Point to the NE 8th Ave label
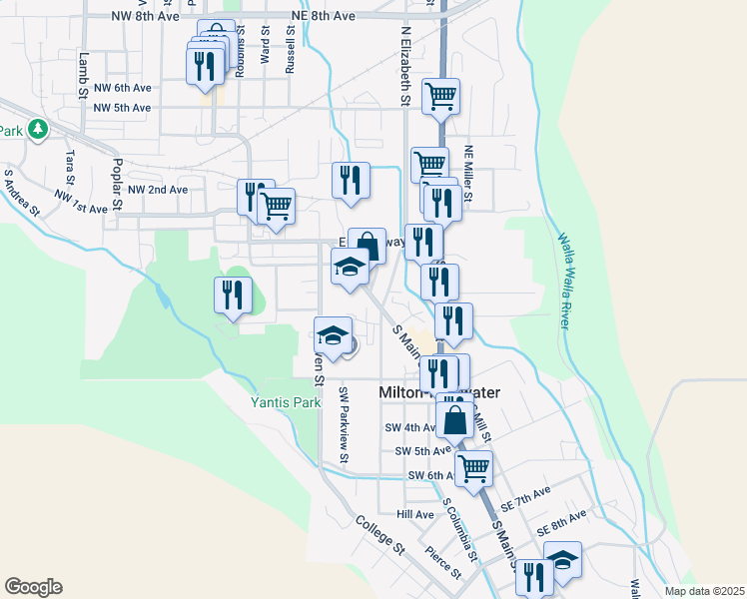click(323, 17)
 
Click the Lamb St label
click(84, 75)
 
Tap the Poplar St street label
click(117, 183)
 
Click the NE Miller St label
click(467, 178)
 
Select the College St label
click(380, 535)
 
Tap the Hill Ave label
click(415, 514)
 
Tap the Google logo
click(33, 587)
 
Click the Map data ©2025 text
click(703, 591)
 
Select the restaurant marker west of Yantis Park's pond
click(231, 296)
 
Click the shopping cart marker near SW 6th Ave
click(473, 466)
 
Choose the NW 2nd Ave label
click(151, 189)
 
